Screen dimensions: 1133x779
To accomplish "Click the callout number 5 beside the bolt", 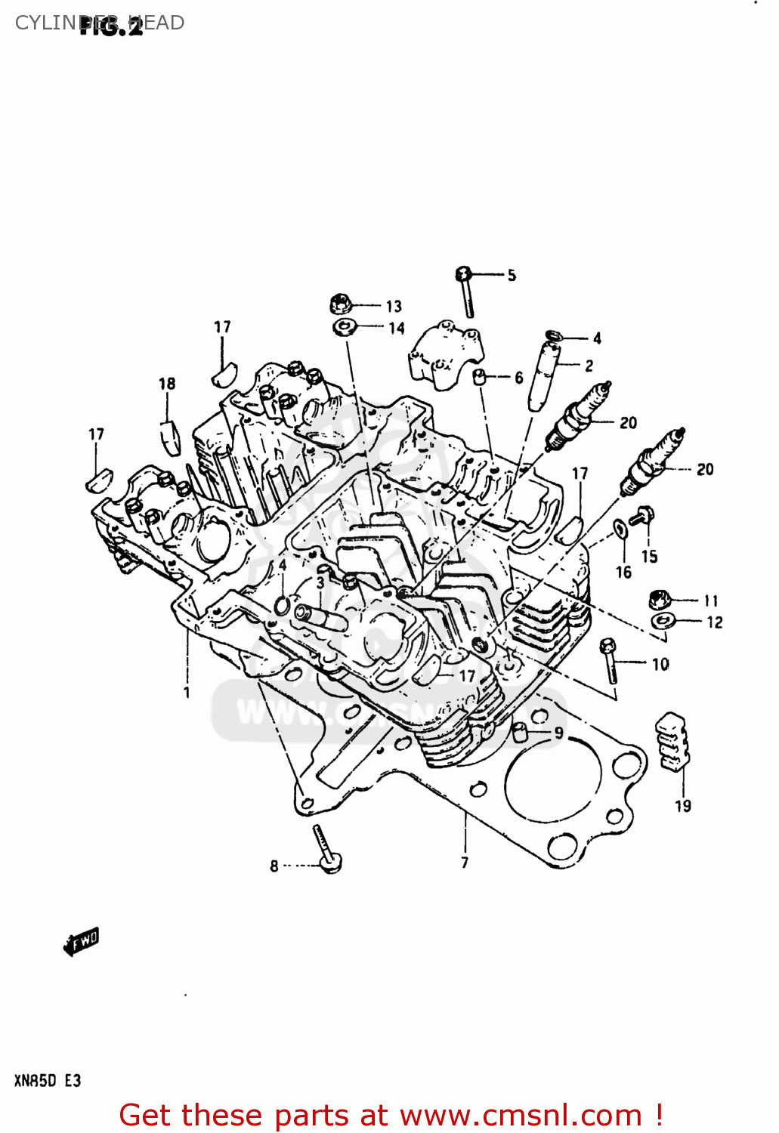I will point(512,276).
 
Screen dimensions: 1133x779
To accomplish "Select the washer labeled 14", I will point(344,327).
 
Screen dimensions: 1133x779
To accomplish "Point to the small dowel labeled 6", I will point(479,377).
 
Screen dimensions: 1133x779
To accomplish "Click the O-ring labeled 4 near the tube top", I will point(555,335).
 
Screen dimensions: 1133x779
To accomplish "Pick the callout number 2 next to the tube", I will point(589,366).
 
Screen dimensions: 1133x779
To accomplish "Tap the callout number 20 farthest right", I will point(704,469).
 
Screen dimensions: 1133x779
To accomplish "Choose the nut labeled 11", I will point(660,600).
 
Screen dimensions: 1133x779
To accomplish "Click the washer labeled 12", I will point(662,621).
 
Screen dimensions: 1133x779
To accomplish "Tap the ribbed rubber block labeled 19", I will point(672,742).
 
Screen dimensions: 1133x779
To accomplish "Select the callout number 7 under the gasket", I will point(465,862).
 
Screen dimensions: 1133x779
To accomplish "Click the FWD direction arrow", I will point(82,941).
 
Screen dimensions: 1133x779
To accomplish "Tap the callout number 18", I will point(167,384).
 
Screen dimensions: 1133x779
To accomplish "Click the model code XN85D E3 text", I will point(47,1081).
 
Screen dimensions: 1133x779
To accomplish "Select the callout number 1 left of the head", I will point(187,692).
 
